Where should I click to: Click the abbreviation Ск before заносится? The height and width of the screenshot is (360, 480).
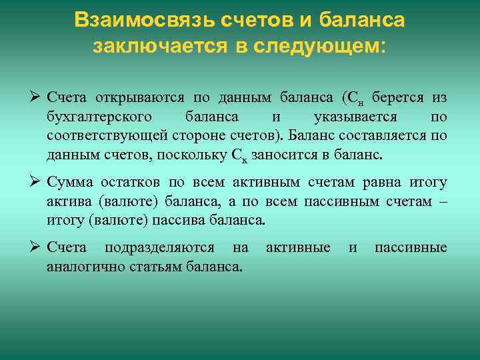click(x=240, y=156)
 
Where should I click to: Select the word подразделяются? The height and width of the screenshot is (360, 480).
click(x=159, y=248)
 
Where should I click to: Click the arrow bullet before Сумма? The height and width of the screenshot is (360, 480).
click(x=36, y=183)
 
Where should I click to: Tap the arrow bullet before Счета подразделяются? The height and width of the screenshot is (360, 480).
click(x=36, y=248)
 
